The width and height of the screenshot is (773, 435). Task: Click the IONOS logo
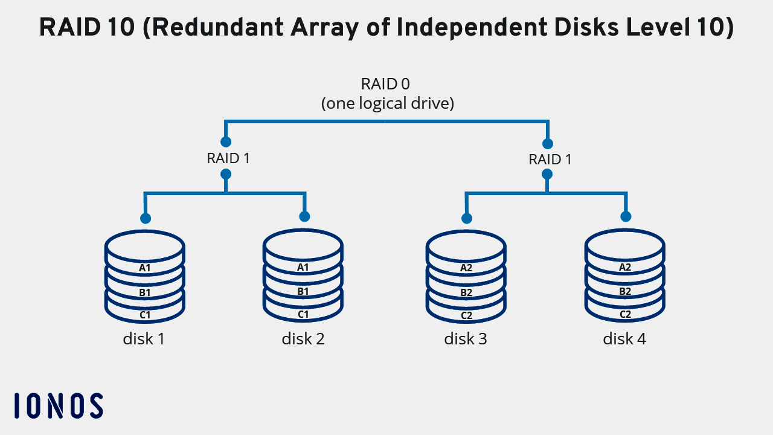tap(58, 405)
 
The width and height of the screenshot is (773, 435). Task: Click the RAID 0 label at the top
tap(385, 84)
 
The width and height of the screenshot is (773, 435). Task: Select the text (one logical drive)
tap(387, 103)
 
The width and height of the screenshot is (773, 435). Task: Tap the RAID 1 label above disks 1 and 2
tap(228, 158)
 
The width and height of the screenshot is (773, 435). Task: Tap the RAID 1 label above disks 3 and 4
tap(550, 159)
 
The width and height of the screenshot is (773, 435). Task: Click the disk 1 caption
tap(144, 339)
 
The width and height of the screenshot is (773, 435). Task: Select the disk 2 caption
tap(303, 339)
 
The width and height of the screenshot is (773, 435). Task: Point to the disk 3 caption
tap(466, 339)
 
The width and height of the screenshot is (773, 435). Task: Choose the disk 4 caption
tap(624, 339)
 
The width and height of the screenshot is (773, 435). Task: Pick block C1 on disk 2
tap(303, 315)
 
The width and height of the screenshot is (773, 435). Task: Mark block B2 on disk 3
tap(466, 292)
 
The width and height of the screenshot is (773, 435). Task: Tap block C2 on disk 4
tap(625, 315)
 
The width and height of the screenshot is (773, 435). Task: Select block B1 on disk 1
tap(144, 292)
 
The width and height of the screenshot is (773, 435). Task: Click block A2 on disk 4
tap(625, 267)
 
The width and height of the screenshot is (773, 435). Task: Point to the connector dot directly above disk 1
tap(145, 218)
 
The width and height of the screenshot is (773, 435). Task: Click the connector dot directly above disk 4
tap(626, 216)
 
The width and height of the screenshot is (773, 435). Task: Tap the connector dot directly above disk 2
tap(304, 216)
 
